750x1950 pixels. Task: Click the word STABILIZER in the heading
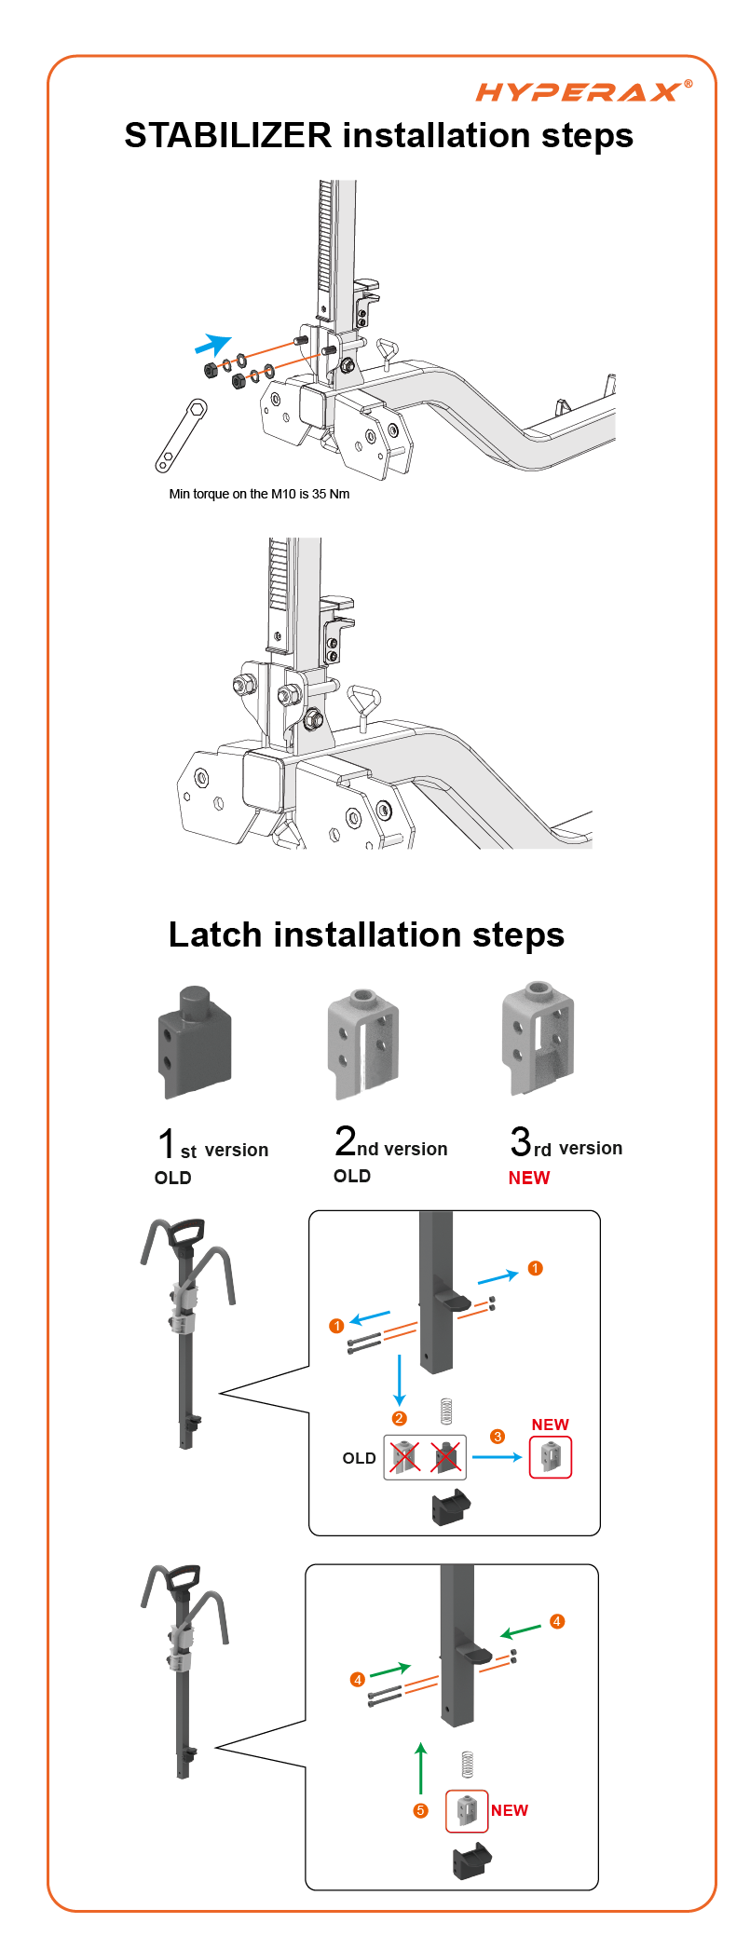point(228,136)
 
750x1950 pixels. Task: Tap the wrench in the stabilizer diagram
point(181,435)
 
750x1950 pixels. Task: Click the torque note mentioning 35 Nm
point(259,494)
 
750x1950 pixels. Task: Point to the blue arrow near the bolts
point(213,344)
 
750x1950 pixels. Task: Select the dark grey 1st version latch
point(194,1041)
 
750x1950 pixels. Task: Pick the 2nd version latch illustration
point(363,1043)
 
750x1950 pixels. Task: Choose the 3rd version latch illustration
point(538,1037)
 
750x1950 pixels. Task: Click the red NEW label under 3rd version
point(529,1178)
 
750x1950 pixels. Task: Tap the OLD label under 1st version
point(173,1178)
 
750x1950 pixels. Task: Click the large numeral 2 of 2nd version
point(346,1140)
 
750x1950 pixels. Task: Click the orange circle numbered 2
point(399,1418)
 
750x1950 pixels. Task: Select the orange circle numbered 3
point(498,1437)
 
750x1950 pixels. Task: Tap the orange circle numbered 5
point(421,1810)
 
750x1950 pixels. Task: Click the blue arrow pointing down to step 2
point(400,1380)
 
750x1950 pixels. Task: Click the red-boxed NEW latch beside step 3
point(551,1457)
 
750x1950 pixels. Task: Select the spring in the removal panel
point(446,1411)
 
